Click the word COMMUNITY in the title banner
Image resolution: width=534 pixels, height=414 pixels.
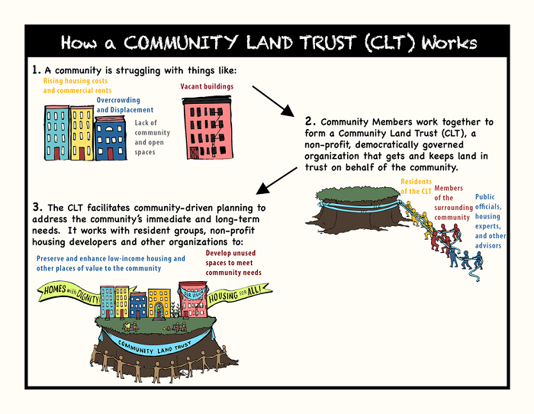click(180, 43)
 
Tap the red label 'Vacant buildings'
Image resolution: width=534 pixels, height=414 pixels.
click(207, 86)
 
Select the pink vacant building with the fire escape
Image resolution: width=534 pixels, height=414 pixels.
click(207, 128)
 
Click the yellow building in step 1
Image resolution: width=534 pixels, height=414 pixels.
click(82, 133)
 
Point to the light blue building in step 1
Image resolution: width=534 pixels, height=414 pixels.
click(57, 133)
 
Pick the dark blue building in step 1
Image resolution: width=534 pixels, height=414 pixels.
click(110, 138)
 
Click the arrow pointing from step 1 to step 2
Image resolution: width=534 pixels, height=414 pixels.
click(273, 102)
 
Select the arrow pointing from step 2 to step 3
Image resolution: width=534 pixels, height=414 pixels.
click(276, 181)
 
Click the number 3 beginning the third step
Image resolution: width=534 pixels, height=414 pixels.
click(37, 207)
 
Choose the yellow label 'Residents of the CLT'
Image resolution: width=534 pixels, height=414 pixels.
click(416, 186)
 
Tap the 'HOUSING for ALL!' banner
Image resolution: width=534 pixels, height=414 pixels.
click(238, 293)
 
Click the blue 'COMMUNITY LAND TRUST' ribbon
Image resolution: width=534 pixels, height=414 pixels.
click(156, 345)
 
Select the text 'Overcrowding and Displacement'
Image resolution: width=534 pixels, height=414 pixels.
click(124, 105)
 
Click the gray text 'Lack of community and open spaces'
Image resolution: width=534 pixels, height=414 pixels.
click(152, 137)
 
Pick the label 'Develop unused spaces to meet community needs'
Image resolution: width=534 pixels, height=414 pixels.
click(233, 263)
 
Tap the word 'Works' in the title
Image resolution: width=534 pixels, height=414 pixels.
click(449, 43)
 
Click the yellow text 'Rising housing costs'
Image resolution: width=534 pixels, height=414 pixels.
click(76, 81)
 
